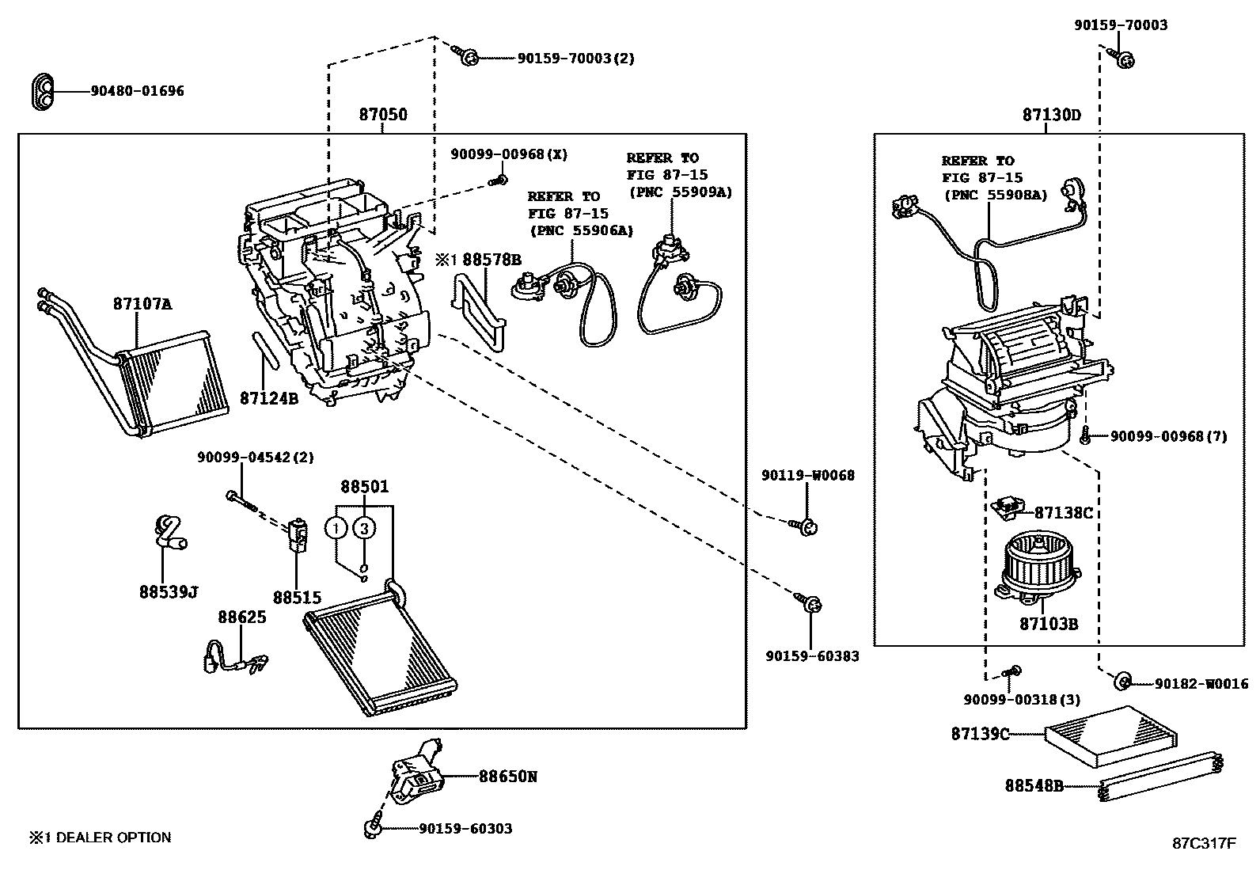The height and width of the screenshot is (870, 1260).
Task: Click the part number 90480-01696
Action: point(136,91)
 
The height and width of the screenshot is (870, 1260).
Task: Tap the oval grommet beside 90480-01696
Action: point(44,91)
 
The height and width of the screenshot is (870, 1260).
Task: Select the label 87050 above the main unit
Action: point(383,115)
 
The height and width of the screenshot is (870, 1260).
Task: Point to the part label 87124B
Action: point(269,398)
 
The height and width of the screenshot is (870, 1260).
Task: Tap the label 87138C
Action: point(1063,513)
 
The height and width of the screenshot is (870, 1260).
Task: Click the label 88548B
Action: point(1034,785)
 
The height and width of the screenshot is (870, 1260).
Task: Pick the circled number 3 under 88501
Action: point(363,528)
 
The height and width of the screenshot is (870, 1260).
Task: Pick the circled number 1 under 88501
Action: point(337,528)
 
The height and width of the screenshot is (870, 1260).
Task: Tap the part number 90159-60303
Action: point(465,829)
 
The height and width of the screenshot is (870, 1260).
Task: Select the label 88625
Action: point(242,617)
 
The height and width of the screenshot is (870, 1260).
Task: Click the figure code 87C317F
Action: point(1204,843)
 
